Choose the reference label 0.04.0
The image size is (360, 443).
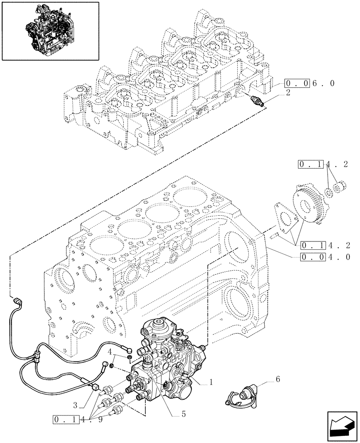click(319, 256)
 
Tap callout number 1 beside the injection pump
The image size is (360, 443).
click(211, 381)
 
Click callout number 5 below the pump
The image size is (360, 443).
click(182, 415)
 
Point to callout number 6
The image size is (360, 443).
click(278, 380)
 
